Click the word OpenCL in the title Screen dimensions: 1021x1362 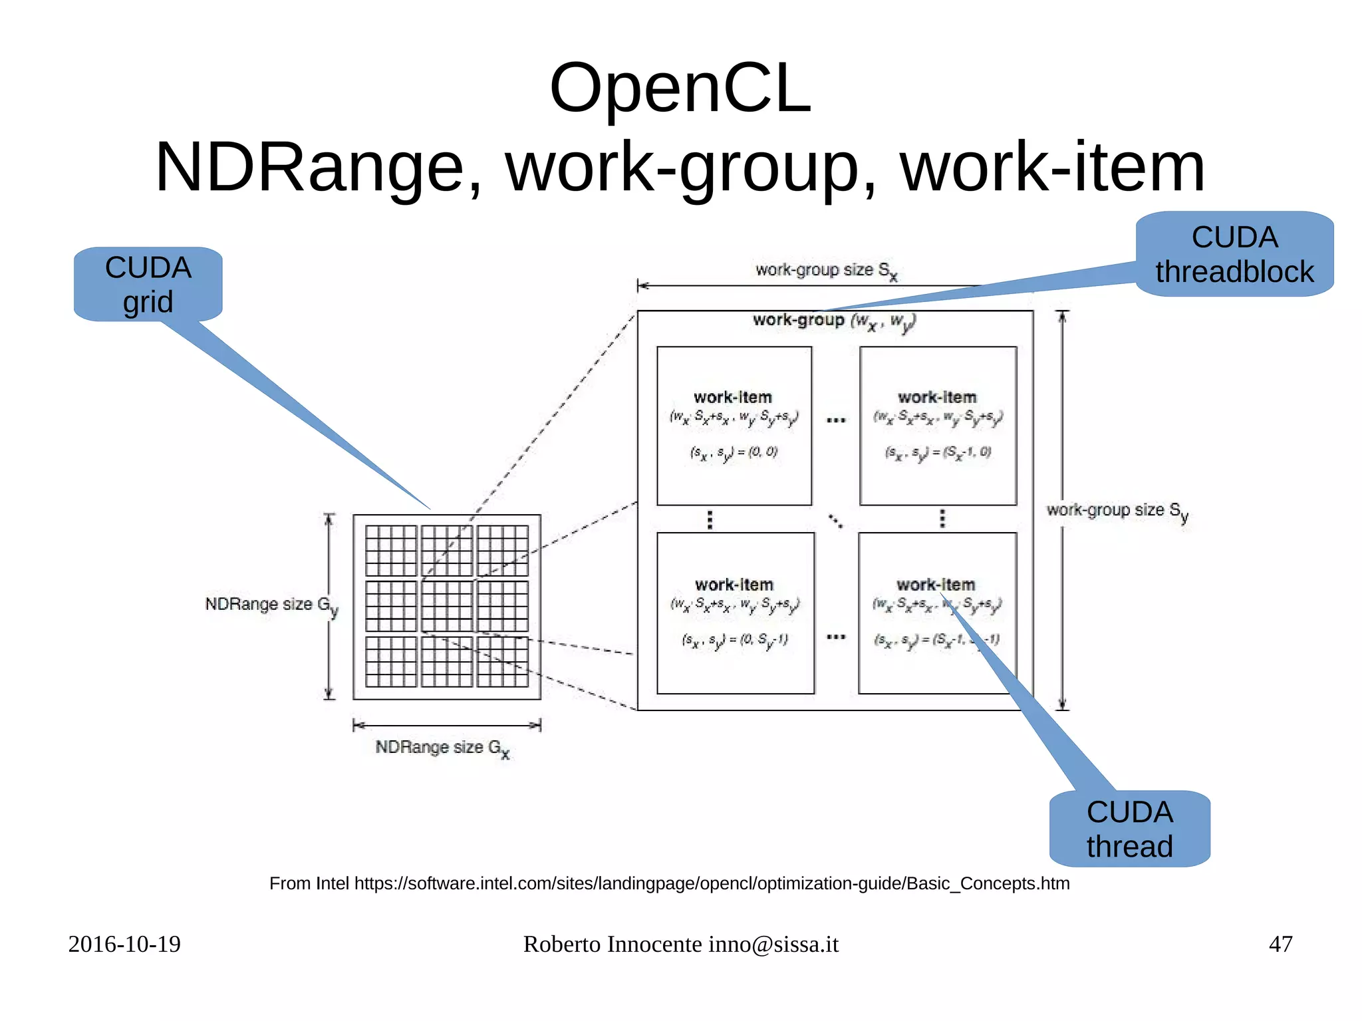click(680, 88)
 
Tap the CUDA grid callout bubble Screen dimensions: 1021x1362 click(148, 285)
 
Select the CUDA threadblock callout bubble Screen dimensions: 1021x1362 click(1234, 254)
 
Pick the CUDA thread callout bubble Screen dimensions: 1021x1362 click(1129, 829)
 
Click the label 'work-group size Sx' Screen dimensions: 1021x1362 click(826, 271)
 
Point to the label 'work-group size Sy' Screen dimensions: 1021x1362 click(1117, 511)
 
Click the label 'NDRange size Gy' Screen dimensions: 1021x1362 click(271, 605)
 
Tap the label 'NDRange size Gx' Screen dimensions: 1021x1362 click(442, 748)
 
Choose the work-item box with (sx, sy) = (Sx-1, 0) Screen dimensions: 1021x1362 click(938, 426)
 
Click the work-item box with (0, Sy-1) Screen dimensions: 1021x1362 click(735, 613)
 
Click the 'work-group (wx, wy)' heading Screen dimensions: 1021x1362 click(833, 321)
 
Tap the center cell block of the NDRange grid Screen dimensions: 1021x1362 click(447, 606)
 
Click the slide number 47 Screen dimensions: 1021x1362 click(1280, 944)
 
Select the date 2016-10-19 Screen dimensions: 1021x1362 click(124, 944)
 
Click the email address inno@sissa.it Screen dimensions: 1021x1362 click(773, 944)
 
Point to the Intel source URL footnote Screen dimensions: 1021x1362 click(669, 883)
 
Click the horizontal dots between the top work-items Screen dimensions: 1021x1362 click(836, 420)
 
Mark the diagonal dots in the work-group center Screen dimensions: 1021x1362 click(836, 521)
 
